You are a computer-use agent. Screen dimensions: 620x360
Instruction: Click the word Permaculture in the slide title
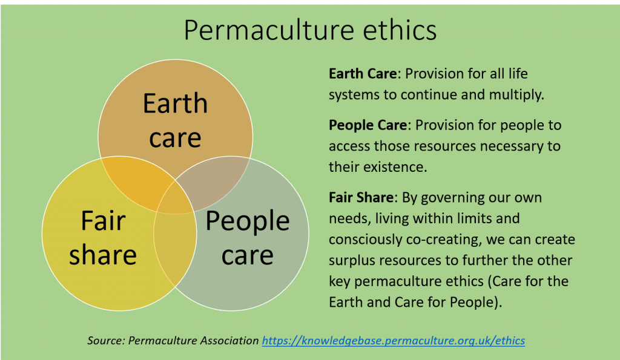coord(269,31)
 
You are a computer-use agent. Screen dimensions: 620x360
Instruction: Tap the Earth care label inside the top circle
coord(175,120)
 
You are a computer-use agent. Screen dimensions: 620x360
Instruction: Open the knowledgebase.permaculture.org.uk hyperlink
coord(394,341)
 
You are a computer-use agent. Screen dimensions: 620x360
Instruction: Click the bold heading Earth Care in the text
coord(363,73)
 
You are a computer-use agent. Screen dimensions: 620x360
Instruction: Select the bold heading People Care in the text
coord(368,125)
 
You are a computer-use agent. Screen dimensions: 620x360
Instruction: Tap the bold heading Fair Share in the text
coord(361,197)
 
